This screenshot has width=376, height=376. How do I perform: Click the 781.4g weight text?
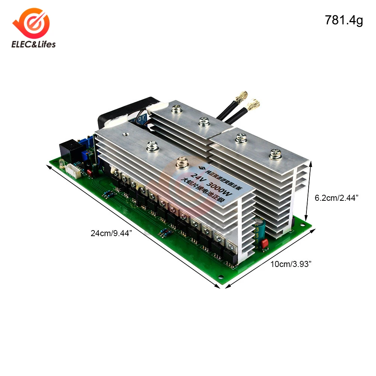click(344, 21)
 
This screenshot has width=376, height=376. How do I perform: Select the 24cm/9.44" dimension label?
click(112, 233)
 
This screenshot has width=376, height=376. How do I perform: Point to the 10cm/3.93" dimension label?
click(292, 264)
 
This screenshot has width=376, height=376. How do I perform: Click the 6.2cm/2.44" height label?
click(336, 198)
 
